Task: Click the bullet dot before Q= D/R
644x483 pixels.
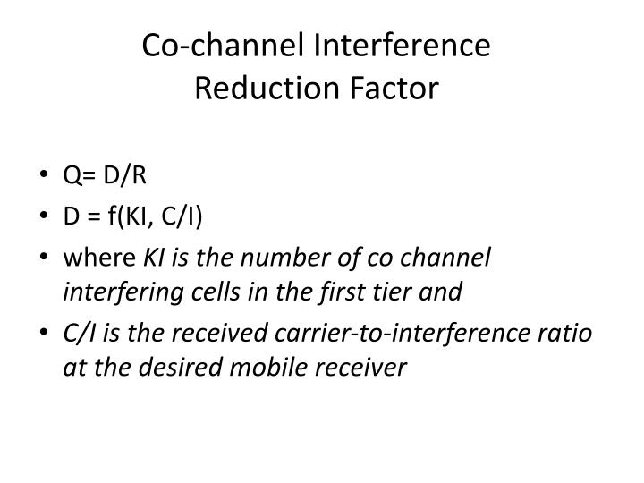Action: pyautogui.click(x=45, y=175)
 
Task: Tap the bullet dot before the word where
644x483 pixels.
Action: pyautogui.click(x=45, y=258)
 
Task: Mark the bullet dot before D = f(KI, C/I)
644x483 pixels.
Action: pyautogui.click(x=45, y=216)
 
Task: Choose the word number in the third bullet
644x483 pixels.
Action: pyautogui.click(x=265, y=258)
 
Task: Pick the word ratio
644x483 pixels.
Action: pyautogui.click(x=567, y=333)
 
